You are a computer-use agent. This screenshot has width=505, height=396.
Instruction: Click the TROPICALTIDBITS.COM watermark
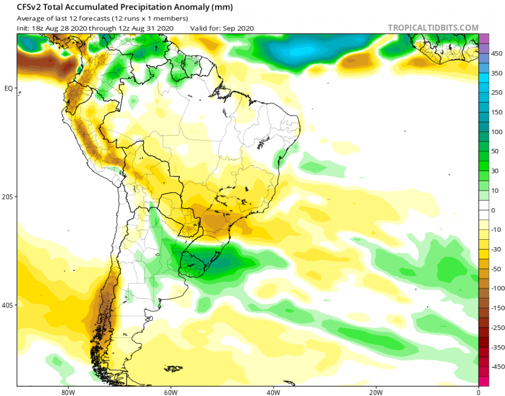(x=433, y=28)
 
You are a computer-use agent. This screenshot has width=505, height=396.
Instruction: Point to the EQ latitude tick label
(x=8, y=88)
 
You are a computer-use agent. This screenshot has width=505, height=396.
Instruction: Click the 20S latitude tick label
(x=8, y=196)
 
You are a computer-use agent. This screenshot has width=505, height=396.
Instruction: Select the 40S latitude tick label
(x=8, y=305)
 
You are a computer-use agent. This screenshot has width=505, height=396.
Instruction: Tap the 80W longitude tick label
(x=67, y=392)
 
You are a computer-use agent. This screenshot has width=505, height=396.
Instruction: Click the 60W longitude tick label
(x=170, y=392)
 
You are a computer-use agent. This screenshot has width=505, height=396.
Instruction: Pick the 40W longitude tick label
(x=273, y=392)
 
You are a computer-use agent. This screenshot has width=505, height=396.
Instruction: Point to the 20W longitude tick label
(x=376, y=392)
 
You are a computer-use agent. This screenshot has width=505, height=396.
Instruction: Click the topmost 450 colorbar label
(x=497, y=54)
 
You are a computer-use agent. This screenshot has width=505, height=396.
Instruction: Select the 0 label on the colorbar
(x=494, y=210)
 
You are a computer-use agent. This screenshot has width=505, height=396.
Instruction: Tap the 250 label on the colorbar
(x=497, y=93)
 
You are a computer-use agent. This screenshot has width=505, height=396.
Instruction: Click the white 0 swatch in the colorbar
(x=484, y=210)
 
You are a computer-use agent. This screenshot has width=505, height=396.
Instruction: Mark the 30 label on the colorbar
(x=496, y=171)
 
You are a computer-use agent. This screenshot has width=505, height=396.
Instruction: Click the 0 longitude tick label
(x=478, y=392)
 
